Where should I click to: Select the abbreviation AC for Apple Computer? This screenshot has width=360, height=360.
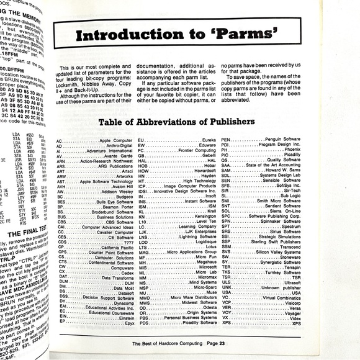click(59, 141)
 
